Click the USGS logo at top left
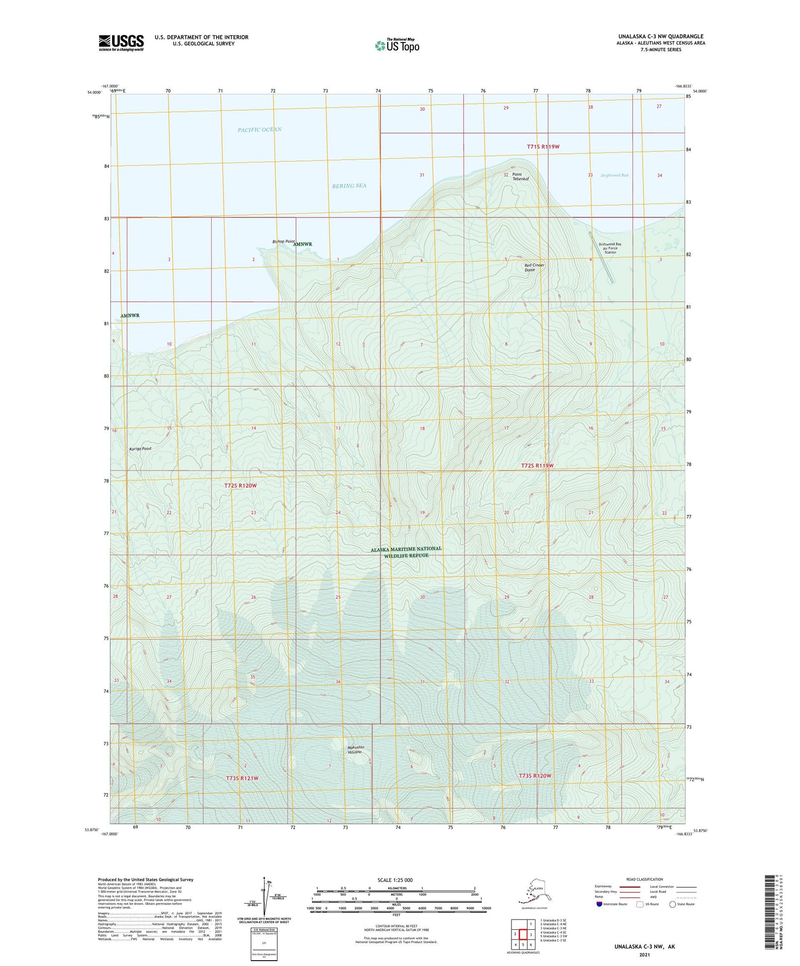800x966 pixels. tap(121, 43)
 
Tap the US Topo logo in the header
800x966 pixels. tap(397, 45)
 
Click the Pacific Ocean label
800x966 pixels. tap(260, 129)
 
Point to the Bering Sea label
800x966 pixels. tap(349, 185)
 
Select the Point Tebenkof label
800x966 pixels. tap(520, 176)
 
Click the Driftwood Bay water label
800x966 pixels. tap(614, 175)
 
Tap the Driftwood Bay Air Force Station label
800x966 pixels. tap(610, 248)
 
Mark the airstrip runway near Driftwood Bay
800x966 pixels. tap(601, 257)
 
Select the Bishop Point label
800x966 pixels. tap(283, 242)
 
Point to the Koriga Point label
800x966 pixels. tap(140, 449)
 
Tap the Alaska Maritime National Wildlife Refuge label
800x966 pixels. tap(406, 551)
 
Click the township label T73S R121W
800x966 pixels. tap(242, 778)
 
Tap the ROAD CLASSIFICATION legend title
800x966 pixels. tap(645, 879)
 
